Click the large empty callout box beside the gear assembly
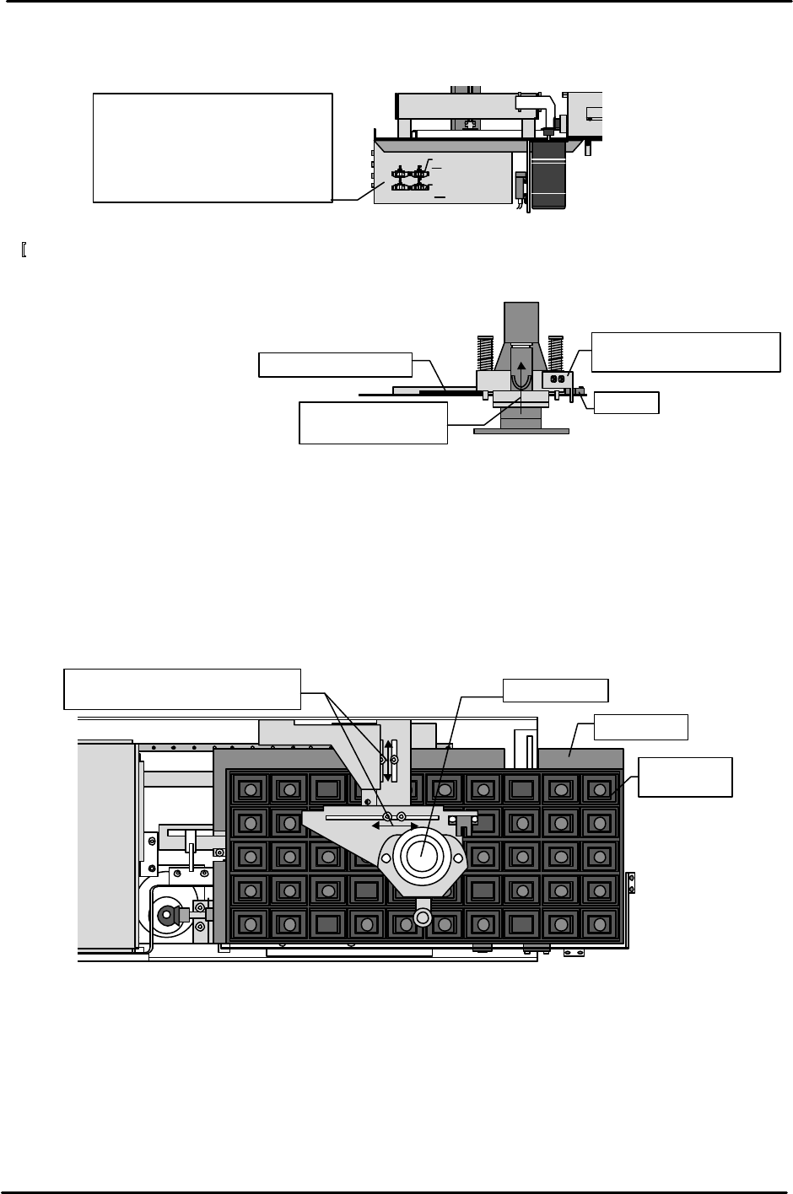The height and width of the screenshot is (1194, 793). (x=212, y=148)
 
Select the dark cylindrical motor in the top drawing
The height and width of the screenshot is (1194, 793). (x=549, y=175)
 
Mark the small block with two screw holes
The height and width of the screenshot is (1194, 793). (x=558, y=379)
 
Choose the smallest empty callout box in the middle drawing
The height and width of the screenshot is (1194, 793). (x=626, y=402)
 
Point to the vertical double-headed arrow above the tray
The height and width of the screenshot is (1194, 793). (x=389, y=760)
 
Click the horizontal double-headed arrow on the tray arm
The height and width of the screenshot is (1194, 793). (x=396, y=826)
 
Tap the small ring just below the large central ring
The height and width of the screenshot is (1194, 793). (x=422, y=915)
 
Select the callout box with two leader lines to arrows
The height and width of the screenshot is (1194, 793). (x=183, y=689)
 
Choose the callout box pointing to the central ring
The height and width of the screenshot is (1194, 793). (x=555, y=690)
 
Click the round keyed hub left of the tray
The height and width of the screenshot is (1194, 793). (x=168, y=914)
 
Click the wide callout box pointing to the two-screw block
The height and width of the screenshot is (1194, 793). (x=685, y=352)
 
